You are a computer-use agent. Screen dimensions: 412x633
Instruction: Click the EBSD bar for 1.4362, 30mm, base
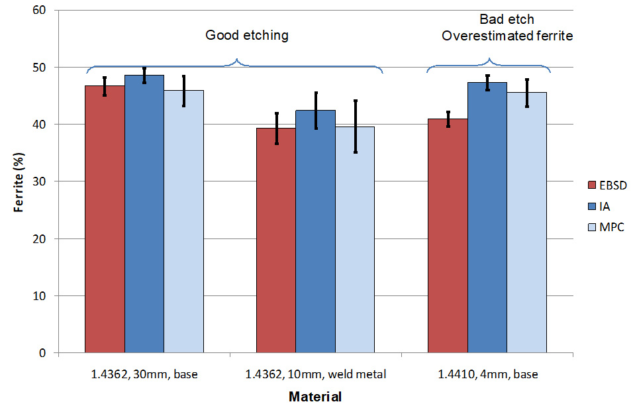pyautogui.click(x=105, y=219)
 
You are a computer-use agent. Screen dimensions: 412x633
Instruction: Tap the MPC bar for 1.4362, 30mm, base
pyautogui.click(x=183, y=221)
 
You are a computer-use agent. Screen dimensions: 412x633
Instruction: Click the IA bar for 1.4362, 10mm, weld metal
pyautogui.click(x=315, y=231)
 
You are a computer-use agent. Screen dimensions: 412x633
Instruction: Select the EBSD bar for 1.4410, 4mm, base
pyautogui.click(x=448, y=236)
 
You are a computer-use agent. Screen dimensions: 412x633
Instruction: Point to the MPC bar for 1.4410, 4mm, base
pyautogui.click(x=526, y=223)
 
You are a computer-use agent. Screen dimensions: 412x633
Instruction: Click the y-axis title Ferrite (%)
pyautogui.click(x=19, y=181)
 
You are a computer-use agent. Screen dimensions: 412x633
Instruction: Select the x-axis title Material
pyautogui.click(x=315, y=397)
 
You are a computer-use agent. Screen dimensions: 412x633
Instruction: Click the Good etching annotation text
pyautogui.click(x=247, y=36)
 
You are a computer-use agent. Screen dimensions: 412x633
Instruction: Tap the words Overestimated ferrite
pyautogui.click(x=507, y=36)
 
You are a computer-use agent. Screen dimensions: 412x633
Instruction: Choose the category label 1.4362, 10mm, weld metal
pyautogui.click(x=315, y=374)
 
